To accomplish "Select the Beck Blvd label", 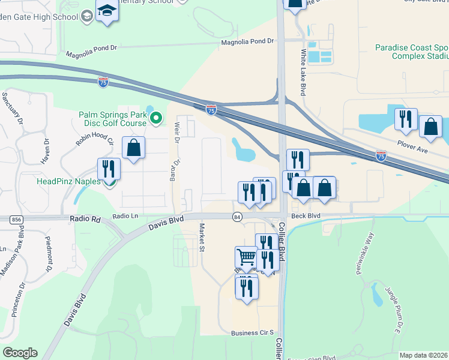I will pos(306,214).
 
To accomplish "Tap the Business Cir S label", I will pos(252,332).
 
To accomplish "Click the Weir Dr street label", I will pos(177,131).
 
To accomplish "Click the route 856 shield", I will pos(16,220).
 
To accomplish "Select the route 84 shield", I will pos(238,217).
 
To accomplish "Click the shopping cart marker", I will pos(246,257).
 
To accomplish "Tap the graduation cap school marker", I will pos(107,12).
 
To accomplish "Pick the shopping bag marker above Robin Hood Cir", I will pos(133,147).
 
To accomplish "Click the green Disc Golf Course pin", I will pos(156,118).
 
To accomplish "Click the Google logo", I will pos(20,353).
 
